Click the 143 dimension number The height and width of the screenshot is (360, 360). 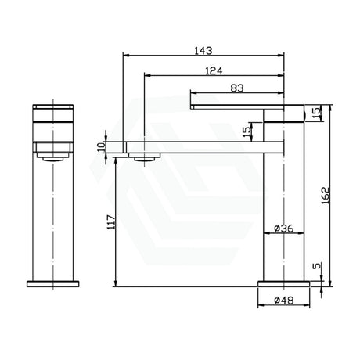[x=203, y=51]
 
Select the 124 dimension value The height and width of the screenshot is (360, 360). [x=214, y=70]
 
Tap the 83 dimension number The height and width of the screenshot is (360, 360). [x=237, y=88]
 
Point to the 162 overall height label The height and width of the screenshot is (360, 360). [x=325, y=196]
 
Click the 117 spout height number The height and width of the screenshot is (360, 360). [x=111, y=222]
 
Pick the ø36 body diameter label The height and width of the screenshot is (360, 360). [x=284, y=229]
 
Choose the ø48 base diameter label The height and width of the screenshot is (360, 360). [x=284, y=301]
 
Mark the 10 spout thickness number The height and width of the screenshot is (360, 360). [x=101, y=147]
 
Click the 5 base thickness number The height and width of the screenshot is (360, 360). [x=316, y=266]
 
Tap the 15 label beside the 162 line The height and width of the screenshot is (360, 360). [x=315, y=112]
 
